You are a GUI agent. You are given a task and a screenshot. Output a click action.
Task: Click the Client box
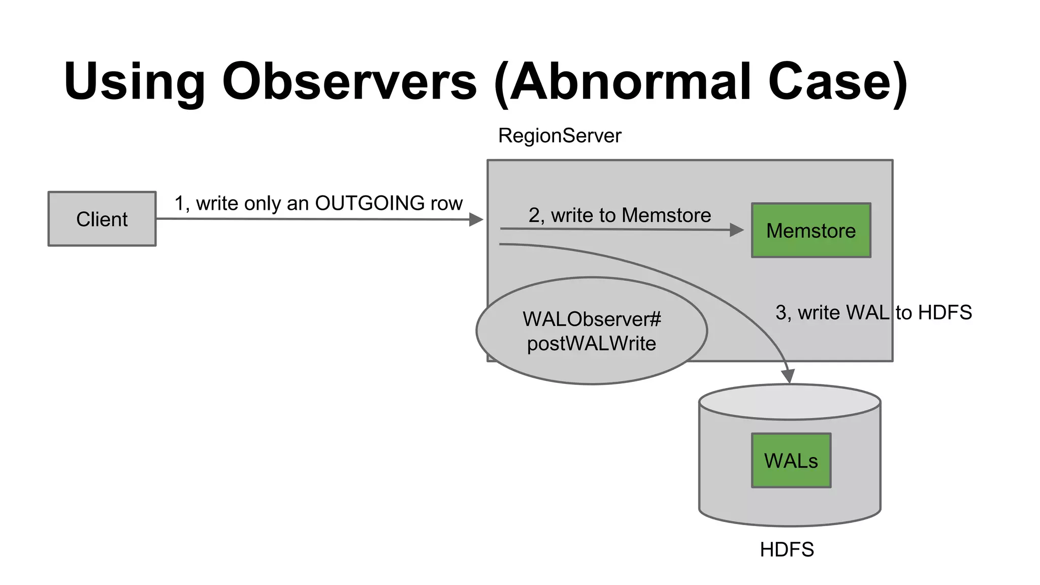point(102,219)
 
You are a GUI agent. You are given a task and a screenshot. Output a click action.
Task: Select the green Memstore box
point(810,231)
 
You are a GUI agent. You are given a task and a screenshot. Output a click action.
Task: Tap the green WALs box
point(791,461)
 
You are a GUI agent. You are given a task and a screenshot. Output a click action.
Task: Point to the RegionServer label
point(559,136)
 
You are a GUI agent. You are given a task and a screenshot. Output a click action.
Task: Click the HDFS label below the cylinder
point(787,549)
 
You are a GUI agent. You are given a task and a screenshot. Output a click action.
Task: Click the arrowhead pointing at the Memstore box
point(737,230)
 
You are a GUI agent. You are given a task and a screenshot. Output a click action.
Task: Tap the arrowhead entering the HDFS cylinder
point(788,376)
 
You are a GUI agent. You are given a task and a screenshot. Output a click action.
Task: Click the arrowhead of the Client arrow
point(476,219)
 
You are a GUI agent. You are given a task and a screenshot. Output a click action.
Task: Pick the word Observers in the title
point(349,81)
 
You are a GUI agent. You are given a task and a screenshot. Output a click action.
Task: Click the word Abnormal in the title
point(630,81)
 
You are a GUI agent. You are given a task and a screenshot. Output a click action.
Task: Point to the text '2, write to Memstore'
point(619,215)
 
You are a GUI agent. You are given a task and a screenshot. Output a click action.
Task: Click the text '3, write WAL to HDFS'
point(873,312)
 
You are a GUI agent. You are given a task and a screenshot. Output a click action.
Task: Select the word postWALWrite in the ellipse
point(591,344)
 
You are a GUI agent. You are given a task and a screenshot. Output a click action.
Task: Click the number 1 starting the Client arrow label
point(179,204)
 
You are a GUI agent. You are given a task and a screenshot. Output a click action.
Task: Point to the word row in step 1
point(446,204)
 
